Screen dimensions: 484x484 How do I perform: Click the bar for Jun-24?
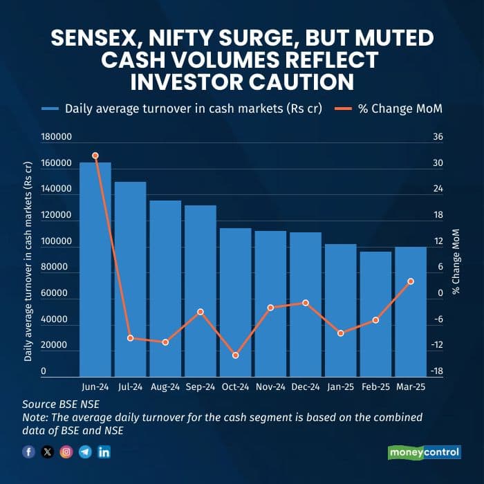(95, 270)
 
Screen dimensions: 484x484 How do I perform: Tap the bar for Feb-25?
(375, 314)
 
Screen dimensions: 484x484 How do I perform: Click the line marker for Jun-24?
(95, 156)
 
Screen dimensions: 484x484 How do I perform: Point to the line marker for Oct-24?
(235, 355)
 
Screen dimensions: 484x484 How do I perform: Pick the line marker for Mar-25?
(411, 281)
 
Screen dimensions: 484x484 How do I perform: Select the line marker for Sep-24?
(201, 312)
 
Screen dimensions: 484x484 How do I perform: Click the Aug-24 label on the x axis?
(165, 388)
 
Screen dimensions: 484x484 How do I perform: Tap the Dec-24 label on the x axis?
(305, 388)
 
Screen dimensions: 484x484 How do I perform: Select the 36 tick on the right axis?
(438, 137)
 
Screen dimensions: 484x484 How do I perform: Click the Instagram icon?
(66, 452)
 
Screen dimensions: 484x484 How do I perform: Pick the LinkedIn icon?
(104, 452)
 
